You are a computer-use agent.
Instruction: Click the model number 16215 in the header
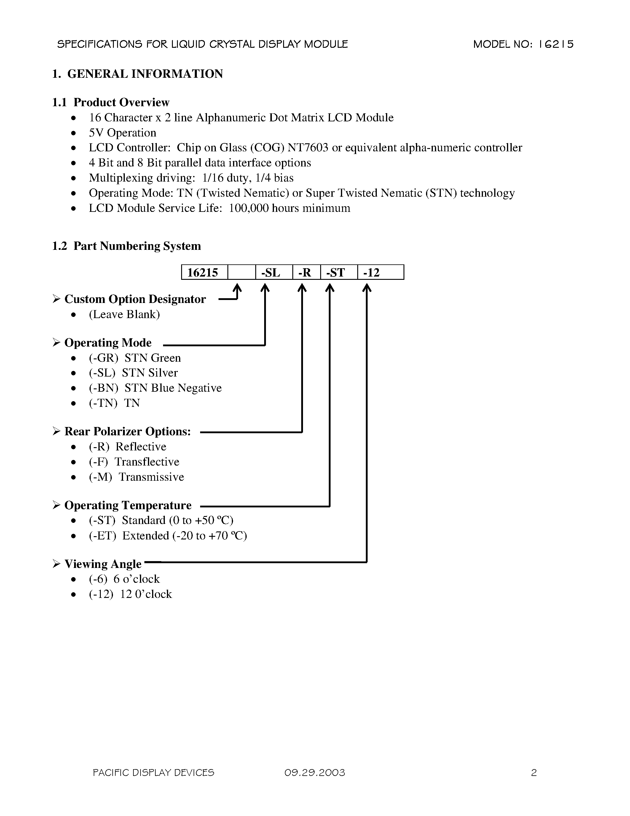coord(556,45)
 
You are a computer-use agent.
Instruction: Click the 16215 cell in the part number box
coord(203,273)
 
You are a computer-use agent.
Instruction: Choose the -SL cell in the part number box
coord(271,273)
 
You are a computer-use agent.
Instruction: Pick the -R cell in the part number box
coord(304,273)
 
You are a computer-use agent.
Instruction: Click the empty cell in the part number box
coord(241,272)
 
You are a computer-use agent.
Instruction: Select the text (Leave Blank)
coord(124,315)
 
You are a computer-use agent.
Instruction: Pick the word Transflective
coord(147,462)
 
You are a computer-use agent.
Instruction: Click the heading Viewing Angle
coord(103,564)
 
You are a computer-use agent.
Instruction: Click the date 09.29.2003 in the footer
coord(315,773)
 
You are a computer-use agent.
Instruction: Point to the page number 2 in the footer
coord(534,773)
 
